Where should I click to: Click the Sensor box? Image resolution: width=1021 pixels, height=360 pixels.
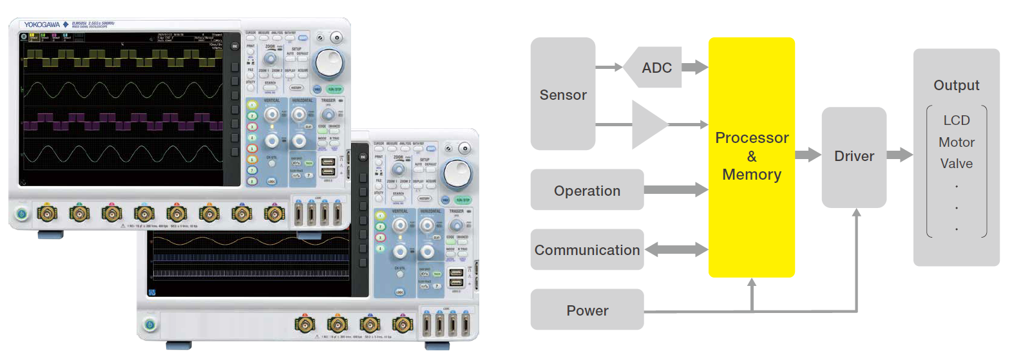[562, 94]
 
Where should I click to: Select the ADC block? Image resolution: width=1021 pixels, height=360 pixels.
[656, 68]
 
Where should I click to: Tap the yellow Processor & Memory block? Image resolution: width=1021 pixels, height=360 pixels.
[751, 156]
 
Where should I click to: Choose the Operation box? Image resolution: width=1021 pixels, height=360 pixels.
[587, 190]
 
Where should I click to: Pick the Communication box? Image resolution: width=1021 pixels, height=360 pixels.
[587, 250]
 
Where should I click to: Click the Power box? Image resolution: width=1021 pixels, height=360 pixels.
[587, 310]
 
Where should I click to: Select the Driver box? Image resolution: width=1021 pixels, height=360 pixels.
[854, 156]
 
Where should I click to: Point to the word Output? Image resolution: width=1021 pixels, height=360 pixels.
[956, 86]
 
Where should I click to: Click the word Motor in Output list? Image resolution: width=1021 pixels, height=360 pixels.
[956, 142]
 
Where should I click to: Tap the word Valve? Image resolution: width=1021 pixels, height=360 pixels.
[956, 164]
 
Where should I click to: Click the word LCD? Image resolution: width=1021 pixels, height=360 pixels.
[956, 120]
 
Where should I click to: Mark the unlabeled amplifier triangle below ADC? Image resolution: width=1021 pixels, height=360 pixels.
[648, 124]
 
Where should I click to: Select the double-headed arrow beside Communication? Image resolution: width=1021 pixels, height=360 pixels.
[676, 250]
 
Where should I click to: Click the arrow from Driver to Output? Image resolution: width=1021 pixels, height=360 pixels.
[899, 155]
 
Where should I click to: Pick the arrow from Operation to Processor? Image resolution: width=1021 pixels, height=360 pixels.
[676, 189]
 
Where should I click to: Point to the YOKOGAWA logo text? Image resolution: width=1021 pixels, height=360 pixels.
[42, 25]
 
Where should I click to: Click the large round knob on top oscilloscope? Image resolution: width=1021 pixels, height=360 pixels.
[330, 63]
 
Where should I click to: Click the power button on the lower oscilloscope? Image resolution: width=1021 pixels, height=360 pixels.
[149, 324]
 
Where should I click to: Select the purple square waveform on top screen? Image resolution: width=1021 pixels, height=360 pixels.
[122, 121]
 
